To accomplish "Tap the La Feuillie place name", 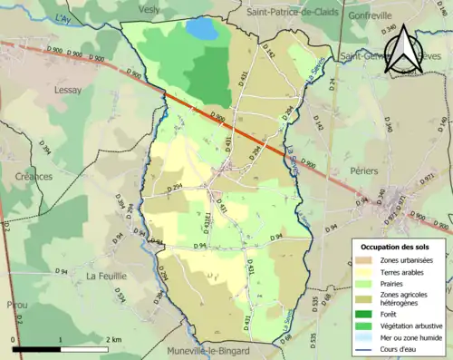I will (105, 275).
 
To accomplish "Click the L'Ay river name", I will (63, 19).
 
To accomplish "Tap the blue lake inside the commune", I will (202, 29).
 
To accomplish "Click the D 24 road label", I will (333, 87).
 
